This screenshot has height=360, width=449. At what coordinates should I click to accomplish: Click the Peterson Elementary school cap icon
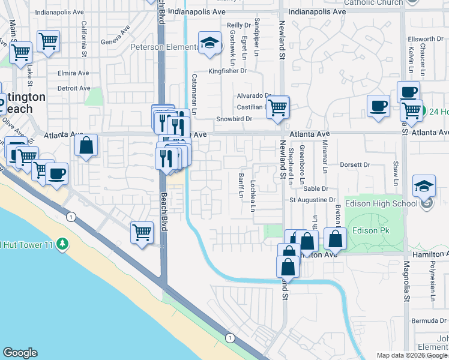pos(209,43)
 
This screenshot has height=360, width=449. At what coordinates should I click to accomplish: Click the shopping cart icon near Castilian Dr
pos(278,108)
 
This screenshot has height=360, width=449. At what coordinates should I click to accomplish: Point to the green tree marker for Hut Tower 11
pos(62,244)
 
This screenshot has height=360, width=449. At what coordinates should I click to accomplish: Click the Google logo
pos(20,353)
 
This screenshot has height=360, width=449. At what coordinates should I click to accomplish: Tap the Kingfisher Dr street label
pos(228,71)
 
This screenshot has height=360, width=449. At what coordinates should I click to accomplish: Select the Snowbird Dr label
pos(234,119)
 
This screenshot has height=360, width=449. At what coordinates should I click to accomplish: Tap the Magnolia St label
pos(406,280)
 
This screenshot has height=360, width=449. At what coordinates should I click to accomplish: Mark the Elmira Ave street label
pos(74,74)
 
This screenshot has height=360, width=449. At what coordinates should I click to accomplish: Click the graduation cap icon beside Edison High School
pos(424,187)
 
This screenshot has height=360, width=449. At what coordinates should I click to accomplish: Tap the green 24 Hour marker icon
pos(424,112)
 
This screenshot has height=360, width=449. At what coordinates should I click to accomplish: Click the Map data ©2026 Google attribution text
pos(412,355)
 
